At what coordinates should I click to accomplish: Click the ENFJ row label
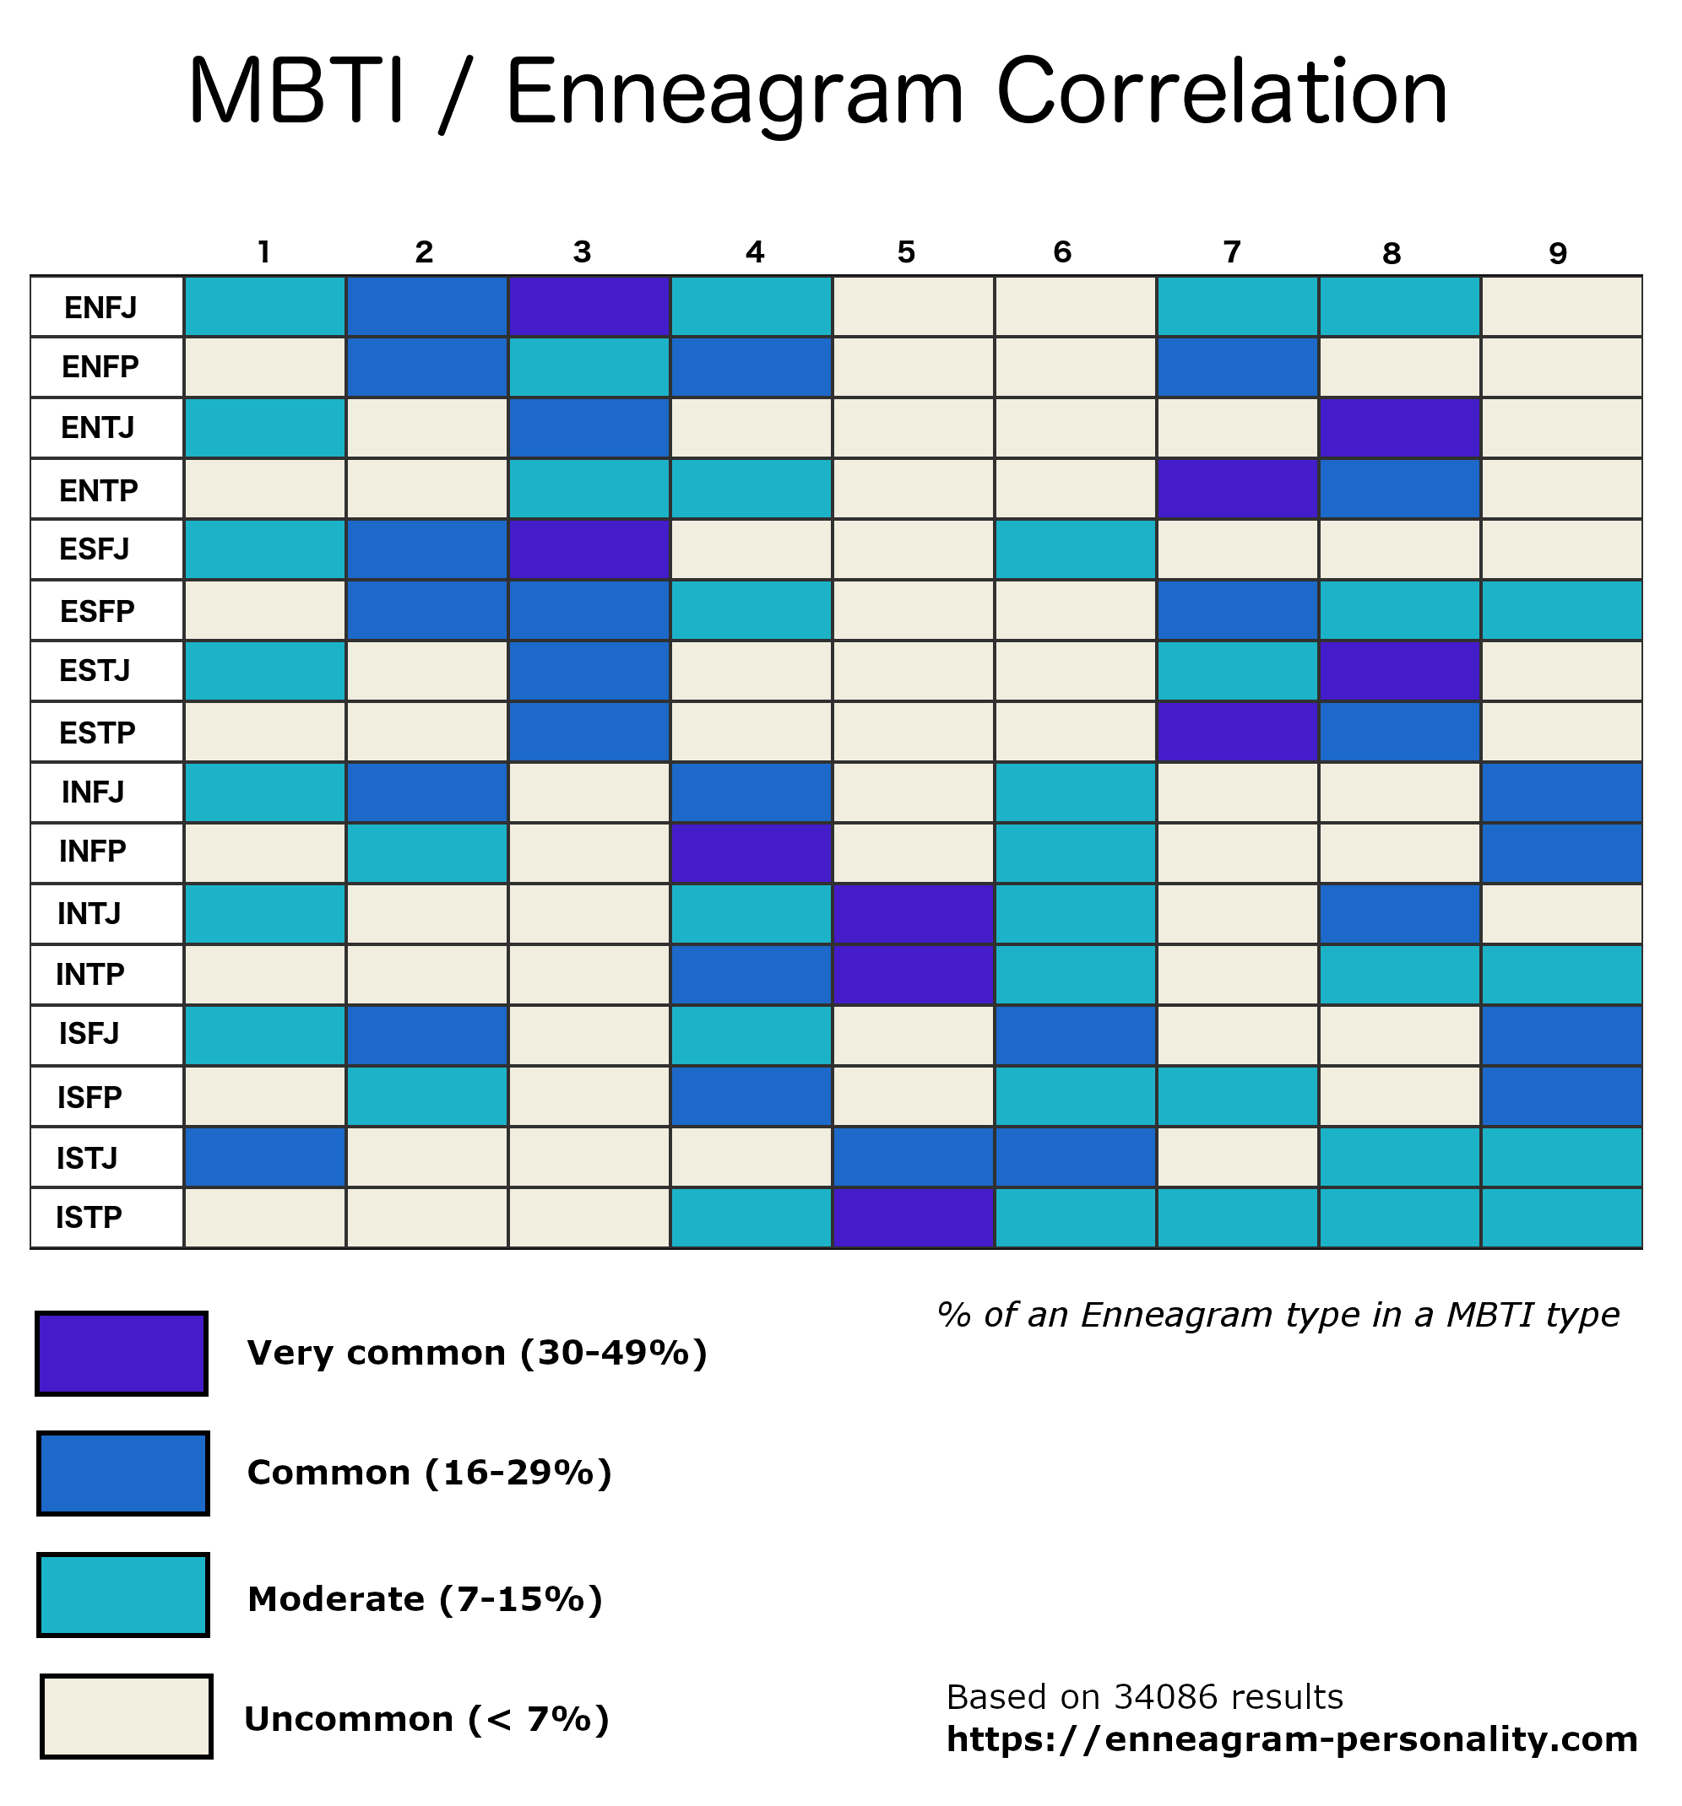tap(100, 308)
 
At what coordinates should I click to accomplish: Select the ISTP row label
tap(89, 1217)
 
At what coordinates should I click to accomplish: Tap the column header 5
tap(905, 252)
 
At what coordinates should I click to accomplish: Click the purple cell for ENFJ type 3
tap(588, 306)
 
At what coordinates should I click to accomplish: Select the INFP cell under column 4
tap(750, 852)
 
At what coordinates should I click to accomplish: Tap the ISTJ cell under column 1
tap(264, 1156)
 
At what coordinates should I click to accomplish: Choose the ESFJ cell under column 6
tap(1074, 549)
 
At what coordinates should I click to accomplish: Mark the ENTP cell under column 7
tap(1236, 489)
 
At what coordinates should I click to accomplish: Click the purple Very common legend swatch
tap(122, 1354)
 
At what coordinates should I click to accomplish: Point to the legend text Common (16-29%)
tap(429, 1473)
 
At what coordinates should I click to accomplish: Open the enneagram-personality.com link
tap(1291, 1739)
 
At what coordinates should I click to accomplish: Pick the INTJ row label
tap(89, 913)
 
